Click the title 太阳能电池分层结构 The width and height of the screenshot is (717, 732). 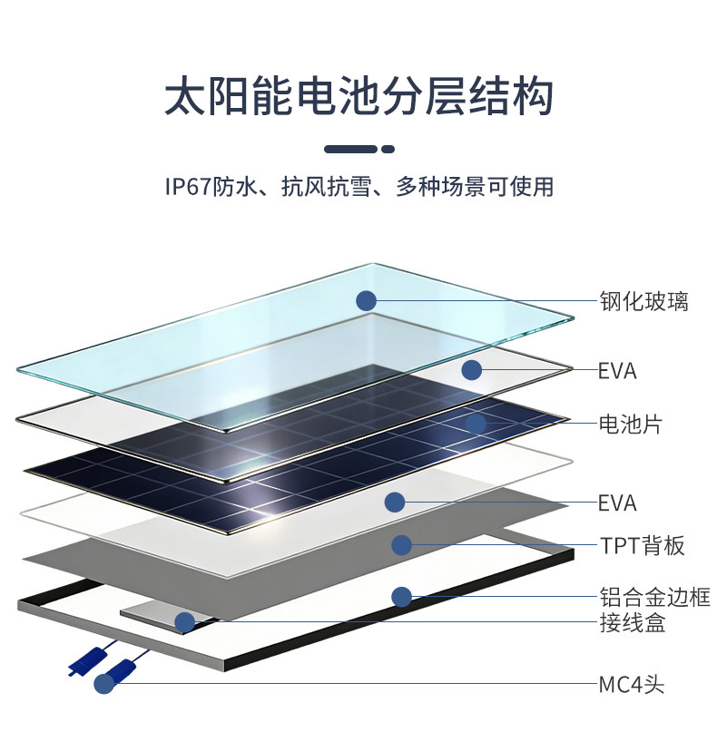[358, 97]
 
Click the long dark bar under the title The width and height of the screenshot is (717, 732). [350, 149]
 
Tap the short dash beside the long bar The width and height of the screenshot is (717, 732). [388, 149]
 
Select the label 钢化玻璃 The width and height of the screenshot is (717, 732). [643, 301]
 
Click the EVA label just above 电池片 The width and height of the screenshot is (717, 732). [617, 371]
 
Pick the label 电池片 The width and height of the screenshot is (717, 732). [630, 424]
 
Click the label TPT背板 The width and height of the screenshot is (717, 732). [642, 546]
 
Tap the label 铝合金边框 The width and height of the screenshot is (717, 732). [654, 598]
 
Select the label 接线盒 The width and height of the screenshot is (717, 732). [632, 624]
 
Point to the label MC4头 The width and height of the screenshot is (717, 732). [632, 684]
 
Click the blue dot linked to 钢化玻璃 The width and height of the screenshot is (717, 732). [366, 301]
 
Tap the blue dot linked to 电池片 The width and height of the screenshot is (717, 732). [476, 423]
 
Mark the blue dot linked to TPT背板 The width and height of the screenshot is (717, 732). [401, 545]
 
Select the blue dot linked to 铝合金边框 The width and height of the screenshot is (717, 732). [401, 597]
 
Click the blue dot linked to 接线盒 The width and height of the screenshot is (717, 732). [184, 622]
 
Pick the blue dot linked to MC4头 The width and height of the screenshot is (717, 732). [105, 684]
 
